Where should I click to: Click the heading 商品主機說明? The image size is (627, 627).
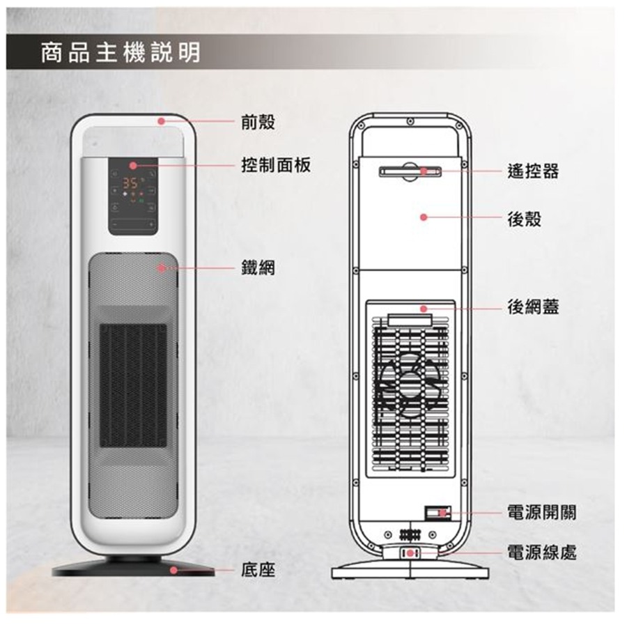click(x=121, y=52)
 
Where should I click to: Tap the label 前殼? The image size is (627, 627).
click(x=258, y=122)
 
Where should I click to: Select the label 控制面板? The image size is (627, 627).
click(x=275, y=166)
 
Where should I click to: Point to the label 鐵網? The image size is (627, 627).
click(x=258, y=268)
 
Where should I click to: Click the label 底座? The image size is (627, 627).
click(x=258, y=571)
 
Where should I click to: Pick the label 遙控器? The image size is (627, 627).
click(x=533, y=171)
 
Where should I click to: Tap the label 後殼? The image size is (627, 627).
click(x=525, y=219)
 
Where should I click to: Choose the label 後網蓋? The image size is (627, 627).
click(x=533, y=307)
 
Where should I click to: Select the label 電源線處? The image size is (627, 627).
click(x=541, y=553)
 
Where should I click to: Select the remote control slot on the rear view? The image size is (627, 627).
click(x=410, y=171)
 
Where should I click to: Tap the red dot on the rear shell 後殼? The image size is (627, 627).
click(x=423, y=217)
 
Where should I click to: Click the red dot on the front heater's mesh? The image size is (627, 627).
click(x=162, y=267)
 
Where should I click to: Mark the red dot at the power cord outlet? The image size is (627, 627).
click(x=411, y=553)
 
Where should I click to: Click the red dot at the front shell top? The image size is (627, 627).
click(x=161, y=121)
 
